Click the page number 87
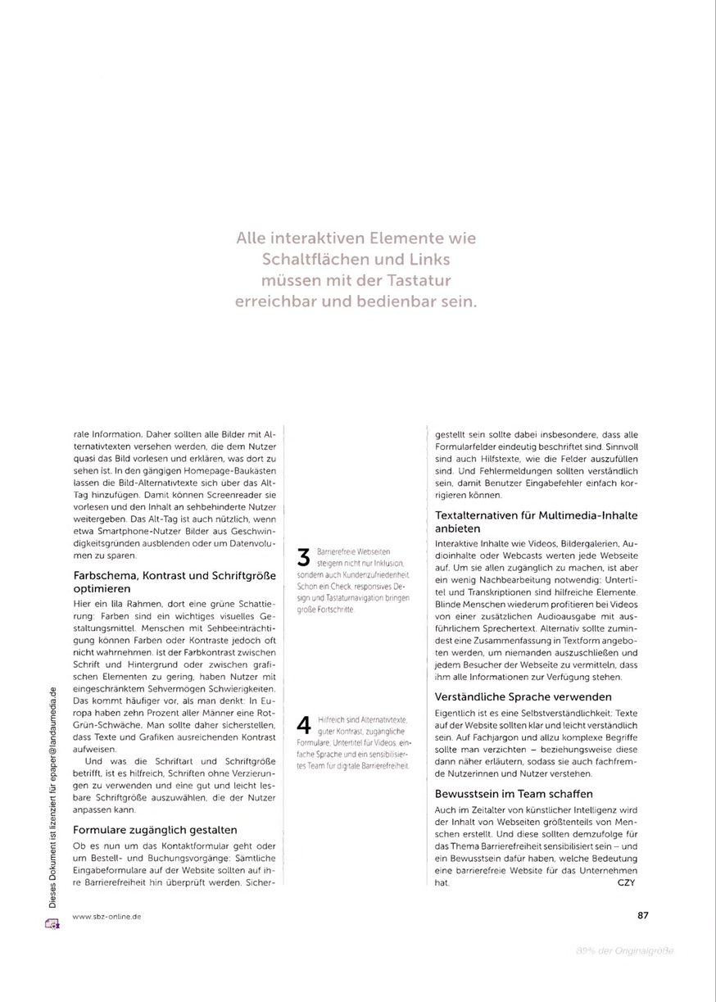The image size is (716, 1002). click(x=642, y=916)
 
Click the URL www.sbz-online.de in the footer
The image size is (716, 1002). click(x=106, y=917)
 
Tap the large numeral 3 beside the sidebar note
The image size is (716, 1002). click(x=303, y=558)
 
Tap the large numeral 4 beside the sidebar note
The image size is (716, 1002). click(x=303, y=725)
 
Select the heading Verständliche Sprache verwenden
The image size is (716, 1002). click(x=523, y=696)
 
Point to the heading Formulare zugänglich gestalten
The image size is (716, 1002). click(x=155, y=829)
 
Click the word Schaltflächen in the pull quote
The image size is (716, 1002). click(x=311, y=260)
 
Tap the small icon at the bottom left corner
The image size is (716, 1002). click(x=52, y=924)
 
